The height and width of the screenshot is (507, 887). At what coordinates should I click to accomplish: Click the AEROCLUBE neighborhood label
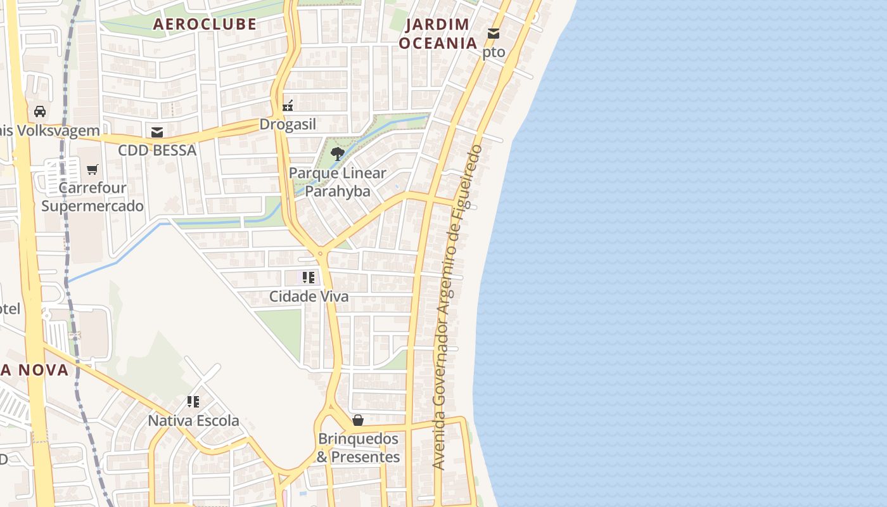205,24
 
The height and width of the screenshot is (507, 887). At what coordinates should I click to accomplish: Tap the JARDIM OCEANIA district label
437,34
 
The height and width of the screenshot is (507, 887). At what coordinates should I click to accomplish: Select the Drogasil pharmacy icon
288,105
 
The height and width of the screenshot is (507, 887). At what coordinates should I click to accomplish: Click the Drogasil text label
288,124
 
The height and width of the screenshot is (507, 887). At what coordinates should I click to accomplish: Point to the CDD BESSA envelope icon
157,132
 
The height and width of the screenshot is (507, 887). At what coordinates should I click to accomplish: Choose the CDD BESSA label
157,151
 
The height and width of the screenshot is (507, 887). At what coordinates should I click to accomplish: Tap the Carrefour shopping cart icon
93,169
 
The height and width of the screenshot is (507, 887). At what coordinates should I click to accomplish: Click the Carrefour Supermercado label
93,197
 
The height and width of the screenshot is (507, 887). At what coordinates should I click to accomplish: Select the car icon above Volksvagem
40,112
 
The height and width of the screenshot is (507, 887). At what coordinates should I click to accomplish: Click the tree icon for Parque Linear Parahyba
338,153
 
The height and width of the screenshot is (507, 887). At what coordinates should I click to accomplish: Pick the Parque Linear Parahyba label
338,182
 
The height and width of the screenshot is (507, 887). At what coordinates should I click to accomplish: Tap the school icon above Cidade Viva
309,277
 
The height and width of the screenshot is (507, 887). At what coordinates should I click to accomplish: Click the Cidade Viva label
309,297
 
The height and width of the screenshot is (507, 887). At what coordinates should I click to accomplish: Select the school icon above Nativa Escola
193,401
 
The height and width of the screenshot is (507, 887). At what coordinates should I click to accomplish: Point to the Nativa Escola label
193,421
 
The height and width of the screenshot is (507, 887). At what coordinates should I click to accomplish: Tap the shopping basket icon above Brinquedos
358,420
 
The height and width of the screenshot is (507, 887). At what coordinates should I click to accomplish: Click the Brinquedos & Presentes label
358,447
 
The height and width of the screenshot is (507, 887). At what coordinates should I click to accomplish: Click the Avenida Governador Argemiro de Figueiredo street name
457,307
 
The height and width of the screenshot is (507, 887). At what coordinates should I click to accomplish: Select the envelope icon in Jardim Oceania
494,33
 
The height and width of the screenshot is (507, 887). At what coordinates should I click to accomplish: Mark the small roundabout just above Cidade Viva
321,253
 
